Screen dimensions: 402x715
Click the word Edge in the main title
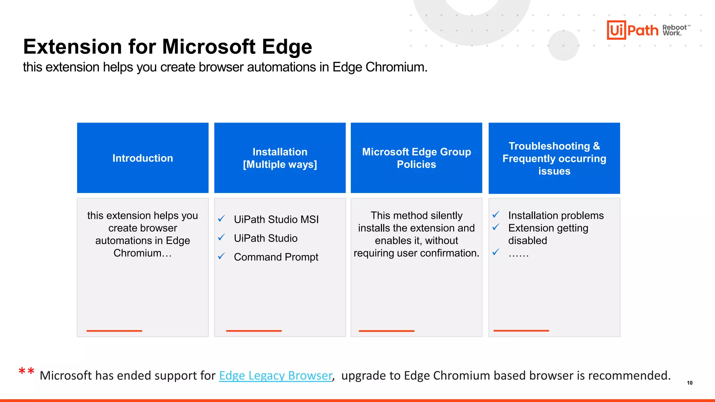point(287,47)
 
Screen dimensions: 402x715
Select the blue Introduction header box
point(142,158)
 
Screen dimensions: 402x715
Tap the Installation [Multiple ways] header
point(280,158)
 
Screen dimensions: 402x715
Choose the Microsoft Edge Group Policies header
point(416,158)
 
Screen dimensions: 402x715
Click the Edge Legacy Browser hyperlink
point(275,375)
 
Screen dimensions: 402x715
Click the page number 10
point(690,383)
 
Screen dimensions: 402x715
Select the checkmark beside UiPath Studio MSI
point(221,219)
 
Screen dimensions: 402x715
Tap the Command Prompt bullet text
point(276,257)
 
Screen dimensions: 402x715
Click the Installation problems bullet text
point(556,216)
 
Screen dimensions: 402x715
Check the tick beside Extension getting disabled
point(496,228)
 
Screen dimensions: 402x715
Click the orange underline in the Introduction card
point(114,330)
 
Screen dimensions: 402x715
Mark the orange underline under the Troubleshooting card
point(521,330)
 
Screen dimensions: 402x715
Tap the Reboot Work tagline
point(675,30)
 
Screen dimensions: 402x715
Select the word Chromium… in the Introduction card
point(142,253)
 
